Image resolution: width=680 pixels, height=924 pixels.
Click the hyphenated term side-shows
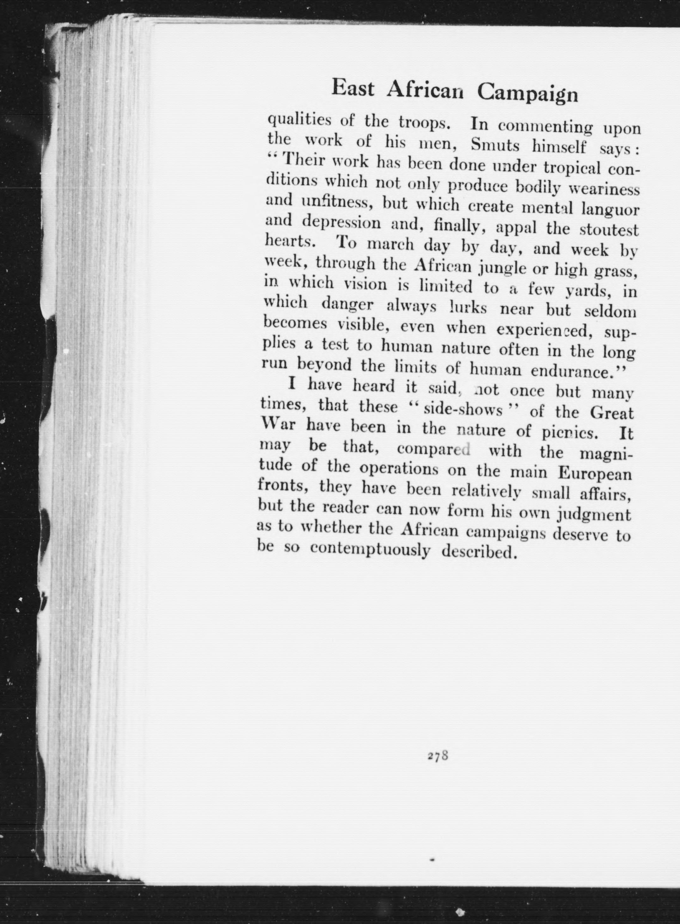(x=463, y=410)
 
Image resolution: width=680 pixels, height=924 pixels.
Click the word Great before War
(x=612, y=412)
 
